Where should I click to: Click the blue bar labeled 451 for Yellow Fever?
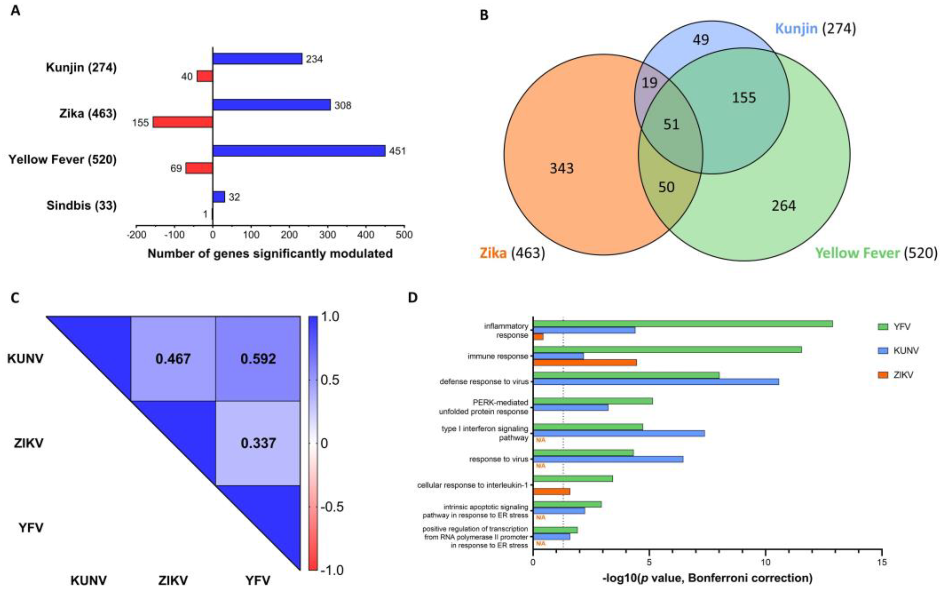(x=299, y=151)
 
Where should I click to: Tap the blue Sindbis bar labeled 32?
(x=218, y=197)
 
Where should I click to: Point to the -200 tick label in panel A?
(x=136, y=235)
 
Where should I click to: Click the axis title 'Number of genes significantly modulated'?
(x=270, y=254)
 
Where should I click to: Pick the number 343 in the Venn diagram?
(x=562, y=169)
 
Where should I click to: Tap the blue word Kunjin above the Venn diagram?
(x=796, y=29)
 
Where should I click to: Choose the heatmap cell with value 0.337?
(x=258, y=443)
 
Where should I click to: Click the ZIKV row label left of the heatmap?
(x=29, y=443)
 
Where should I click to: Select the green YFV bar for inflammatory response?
(x=683, y=324)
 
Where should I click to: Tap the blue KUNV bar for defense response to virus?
(x=656, y=381)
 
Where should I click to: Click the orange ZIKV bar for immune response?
(x=585, y=363)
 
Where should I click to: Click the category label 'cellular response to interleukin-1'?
(x=472, y=485)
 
